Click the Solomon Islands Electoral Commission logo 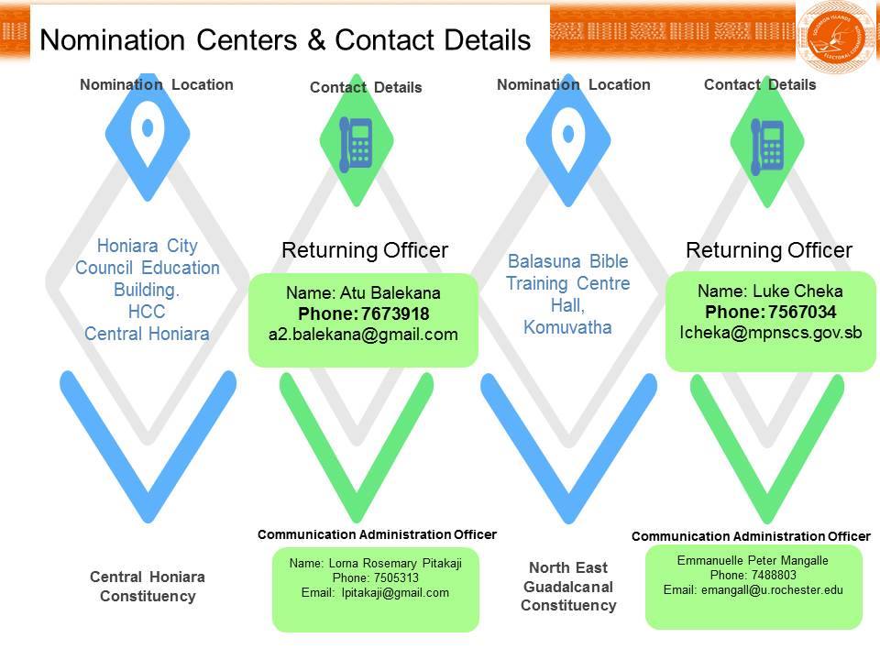point(836,37)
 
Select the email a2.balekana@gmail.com point(363,335)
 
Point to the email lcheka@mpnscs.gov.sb point(771,332)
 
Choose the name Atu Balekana point(390,293)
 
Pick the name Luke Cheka point(797,291)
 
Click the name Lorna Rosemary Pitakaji point(395,563)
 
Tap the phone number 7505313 point(396,577)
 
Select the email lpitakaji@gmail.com point(395,593)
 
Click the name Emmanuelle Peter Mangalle point(753,560)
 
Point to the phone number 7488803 point(774,575)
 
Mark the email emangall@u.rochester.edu point(772,589)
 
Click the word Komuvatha point(567,327)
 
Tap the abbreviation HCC point(147,312)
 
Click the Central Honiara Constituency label point(148,587)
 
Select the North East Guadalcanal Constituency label point(568,587)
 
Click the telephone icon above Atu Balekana point(356,145)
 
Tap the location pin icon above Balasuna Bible point(568,137)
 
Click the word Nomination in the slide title point(112,40)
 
